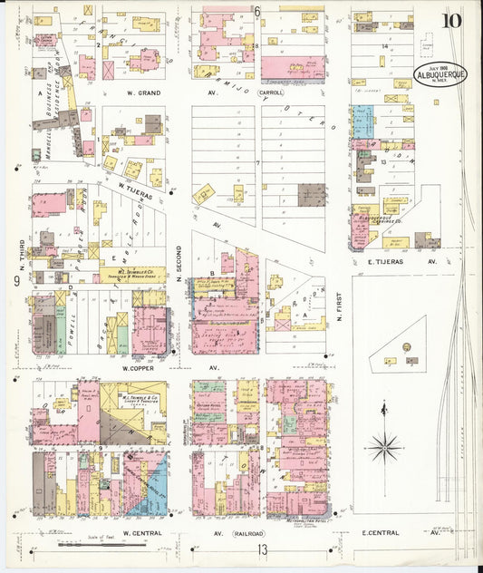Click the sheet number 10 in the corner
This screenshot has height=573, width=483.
(x=450, y=22)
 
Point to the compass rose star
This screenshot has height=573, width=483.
(x=386, y=446)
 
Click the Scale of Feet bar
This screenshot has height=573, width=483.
(x=100, y=545)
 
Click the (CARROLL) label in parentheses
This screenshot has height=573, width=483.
(x=269, y=92)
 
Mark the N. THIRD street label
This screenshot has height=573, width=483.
(x=19, y=254)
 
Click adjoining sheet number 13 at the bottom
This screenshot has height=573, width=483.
(x=262, y=549)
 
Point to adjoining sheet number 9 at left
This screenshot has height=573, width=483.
(x=16, y=281)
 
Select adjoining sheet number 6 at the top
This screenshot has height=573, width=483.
(x=257, y=12)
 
